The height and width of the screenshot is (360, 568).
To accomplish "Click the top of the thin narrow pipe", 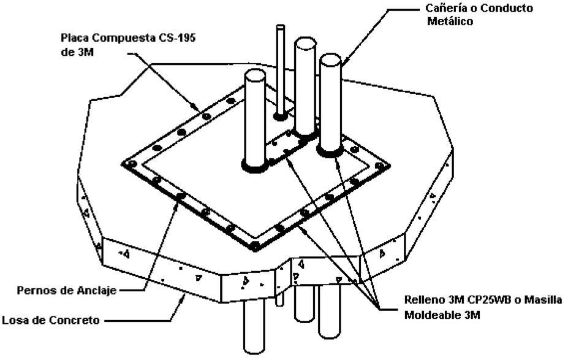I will tap(281, 27).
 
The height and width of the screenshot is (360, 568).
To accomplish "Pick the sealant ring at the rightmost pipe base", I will tap(330, 150).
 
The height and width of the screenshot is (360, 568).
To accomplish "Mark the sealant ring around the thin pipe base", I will tap(281, 116).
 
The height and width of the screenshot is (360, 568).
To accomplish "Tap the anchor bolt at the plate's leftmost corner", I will tap(130, 164).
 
